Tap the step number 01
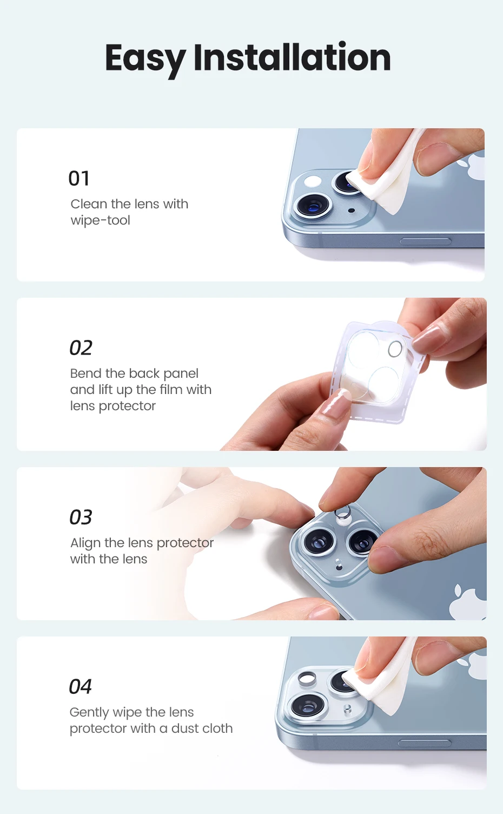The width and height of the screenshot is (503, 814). (x=79, y=179)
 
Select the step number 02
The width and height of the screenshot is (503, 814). (x=81, y=348)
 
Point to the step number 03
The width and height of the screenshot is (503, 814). (x=81, y=517)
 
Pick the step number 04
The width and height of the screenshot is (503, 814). (x=80, y=686)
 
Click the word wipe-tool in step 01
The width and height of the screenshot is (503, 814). (x=100, y=221)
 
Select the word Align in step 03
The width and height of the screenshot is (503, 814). (x=85, y=543)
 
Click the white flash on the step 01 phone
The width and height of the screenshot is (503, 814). (x=313, y=181)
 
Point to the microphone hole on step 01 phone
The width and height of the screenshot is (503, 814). (x=351, y=211)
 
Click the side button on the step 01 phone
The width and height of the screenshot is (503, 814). (x=426, y=241)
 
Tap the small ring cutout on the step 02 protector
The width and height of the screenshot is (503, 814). (x=395, y=349)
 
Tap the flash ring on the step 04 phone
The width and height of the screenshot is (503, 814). (x=307, y=678)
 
